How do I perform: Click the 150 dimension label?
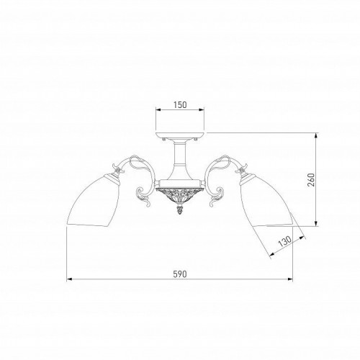(x=180, y=105)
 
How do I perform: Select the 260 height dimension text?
(x=311, y=179)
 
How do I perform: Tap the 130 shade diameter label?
(x=285, y=241)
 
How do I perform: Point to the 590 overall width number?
(x=180, y=274)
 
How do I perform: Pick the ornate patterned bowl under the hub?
(x=180, y=195)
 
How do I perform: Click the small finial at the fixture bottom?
(x=180, y=210)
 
